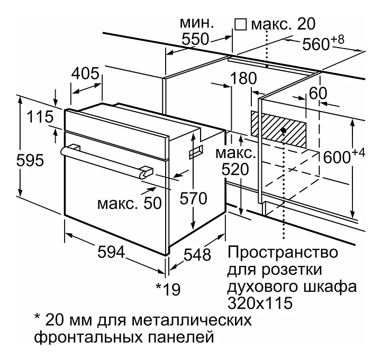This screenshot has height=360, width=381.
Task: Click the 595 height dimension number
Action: pos(30,160)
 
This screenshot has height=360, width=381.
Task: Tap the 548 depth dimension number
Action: pos(197,255)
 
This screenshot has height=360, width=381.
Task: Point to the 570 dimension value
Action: pos(193,198)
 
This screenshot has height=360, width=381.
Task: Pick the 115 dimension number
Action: pos(40,117)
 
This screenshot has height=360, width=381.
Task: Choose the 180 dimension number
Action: pos(243,78)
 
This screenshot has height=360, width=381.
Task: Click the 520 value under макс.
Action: pos(235,170)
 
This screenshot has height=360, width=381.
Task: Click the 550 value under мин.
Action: pos(195,39)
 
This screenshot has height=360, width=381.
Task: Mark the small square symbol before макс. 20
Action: pos(241,24)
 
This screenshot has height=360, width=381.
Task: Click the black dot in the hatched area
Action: pos(283,131)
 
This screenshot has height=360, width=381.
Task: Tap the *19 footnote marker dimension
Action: pos(168,289)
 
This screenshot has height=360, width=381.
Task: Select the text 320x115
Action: pos(260,303)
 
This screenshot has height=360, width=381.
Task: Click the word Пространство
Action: pos(283,253)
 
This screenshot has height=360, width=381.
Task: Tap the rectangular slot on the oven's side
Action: pos(196,152)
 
